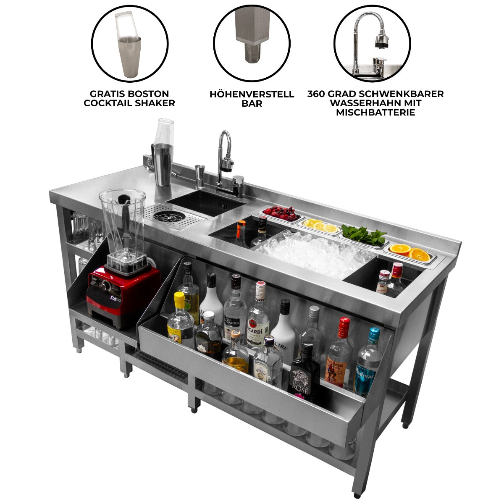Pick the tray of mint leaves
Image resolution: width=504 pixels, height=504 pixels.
tap(364, 235)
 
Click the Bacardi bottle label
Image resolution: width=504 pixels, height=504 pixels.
tap(258, 327)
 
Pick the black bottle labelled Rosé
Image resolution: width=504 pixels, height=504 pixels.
tap(304, 374)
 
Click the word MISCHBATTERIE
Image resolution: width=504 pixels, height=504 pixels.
tap(375, 113)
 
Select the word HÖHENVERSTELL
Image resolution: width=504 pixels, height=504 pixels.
tap(252, 94)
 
